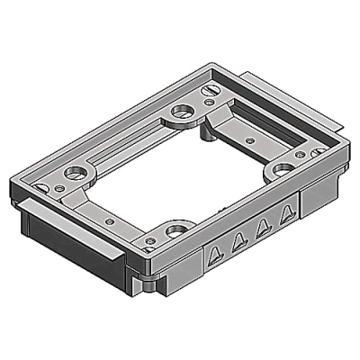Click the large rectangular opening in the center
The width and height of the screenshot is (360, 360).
(x=175, y=175)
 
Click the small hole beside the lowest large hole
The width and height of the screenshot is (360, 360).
(x=149, y=240)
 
